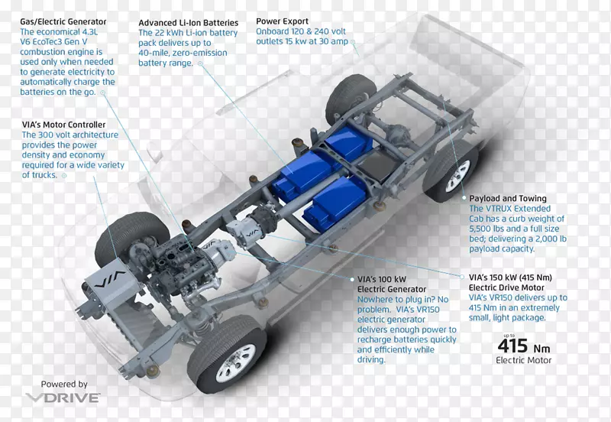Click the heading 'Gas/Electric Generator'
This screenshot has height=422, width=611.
coord(63,22)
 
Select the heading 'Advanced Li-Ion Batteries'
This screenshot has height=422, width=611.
coord(188,23)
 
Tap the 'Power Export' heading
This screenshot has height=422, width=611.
coord(282,21)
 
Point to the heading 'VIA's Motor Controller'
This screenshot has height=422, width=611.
coord(63,125)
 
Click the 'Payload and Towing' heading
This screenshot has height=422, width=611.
coord(508,199)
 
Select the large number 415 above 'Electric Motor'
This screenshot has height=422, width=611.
coord(512,346)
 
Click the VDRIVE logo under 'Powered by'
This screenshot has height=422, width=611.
coord(63,398)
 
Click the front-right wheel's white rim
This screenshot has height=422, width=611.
coord(236,363)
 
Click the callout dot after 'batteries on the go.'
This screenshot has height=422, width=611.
coord(103,93)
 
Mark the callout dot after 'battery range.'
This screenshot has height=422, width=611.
coord(200,63)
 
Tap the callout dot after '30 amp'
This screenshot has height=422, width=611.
coord(353,42)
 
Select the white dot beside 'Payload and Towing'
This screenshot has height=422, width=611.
coord(464,198)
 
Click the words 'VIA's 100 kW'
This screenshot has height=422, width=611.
coord(382,280)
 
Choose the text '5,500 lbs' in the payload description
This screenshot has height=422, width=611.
coord(487,229)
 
